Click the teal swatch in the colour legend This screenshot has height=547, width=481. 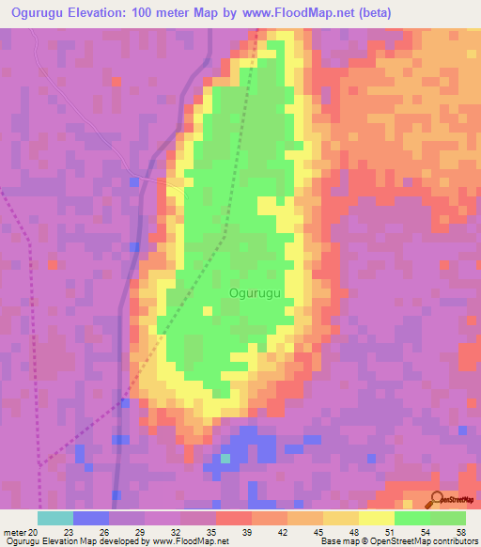pyautogui.click(x=55, y=518)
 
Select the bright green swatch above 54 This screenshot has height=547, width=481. pyautogui.click(x=412, y=518)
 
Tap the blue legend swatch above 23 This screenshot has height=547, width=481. pyautogui.click(x=91, y=518)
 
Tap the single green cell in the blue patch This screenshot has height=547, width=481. pyautogui.click(x=225, y=459)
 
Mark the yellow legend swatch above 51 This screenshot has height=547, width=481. pyautogui.click(x=377, y=518)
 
